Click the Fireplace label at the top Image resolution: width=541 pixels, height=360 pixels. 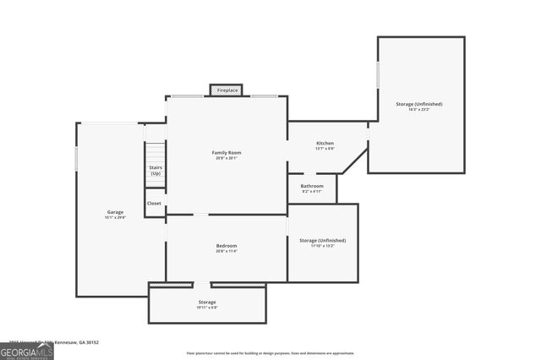click(227, 90)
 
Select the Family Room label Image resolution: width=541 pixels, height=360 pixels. click(227, 152)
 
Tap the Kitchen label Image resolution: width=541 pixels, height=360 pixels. click(325, 144)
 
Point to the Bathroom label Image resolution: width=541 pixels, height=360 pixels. click(312, 186)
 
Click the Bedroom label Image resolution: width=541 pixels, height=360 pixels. click(227, 245)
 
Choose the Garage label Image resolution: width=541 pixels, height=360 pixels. click(115, 211)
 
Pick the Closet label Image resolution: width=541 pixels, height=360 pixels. click(155, 203)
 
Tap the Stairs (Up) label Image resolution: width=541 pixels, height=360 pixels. click(156, 170)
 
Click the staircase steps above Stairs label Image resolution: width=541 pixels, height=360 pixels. click(156, 152)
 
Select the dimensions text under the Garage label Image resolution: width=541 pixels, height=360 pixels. click(115, 217)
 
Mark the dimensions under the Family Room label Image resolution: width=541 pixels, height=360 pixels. click(227, 158)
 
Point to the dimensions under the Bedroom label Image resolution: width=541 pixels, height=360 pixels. click(227, 251)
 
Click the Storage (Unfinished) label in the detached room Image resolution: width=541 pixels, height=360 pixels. click(418, 104)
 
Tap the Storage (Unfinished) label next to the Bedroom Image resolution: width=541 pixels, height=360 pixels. click(323, 240)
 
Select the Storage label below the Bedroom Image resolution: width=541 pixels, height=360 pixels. click(207, 302)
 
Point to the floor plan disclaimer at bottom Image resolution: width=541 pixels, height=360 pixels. click(270, 353)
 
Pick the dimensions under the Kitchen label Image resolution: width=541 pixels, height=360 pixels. click(325, 150)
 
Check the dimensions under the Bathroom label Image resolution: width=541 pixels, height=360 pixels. click(312, 192)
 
